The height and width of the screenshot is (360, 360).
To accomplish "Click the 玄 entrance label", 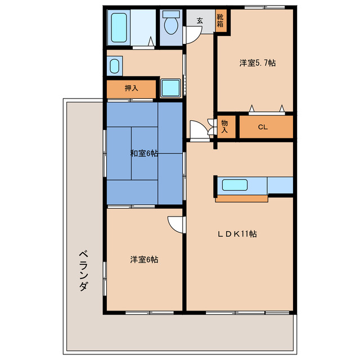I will coord(200,21).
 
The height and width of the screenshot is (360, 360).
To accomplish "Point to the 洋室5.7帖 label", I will coord(257,63).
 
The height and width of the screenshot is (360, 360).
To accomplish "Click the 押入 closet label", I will coord(131,88).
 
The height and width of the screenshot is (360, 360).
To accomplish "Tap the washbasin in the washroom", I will coord(115,67).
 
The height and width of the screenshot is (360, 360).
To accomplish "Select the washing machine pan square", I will coord(169,88).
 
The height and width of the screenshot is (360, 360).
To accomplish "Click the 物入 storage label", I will coord(224,127).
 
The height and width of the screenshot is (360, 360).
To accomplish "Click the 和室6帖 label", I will coord(144,153).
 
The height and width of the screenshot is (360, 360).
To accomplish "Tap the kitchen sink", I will coord(238,184).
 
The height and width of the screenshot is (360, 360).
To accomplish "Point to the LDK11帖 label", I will coord(238,233).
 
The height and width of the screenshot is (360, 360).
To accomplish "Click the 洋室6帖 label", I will coord(144,259).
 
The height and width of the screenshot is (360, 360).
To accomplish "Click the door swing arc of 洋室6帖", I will coord(177,223).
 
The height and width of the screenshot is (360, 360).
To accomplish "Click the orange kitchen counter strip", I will coord(241,197).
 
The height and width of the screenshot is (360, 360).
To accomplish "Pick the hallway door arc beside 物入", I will coord(198,129).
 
